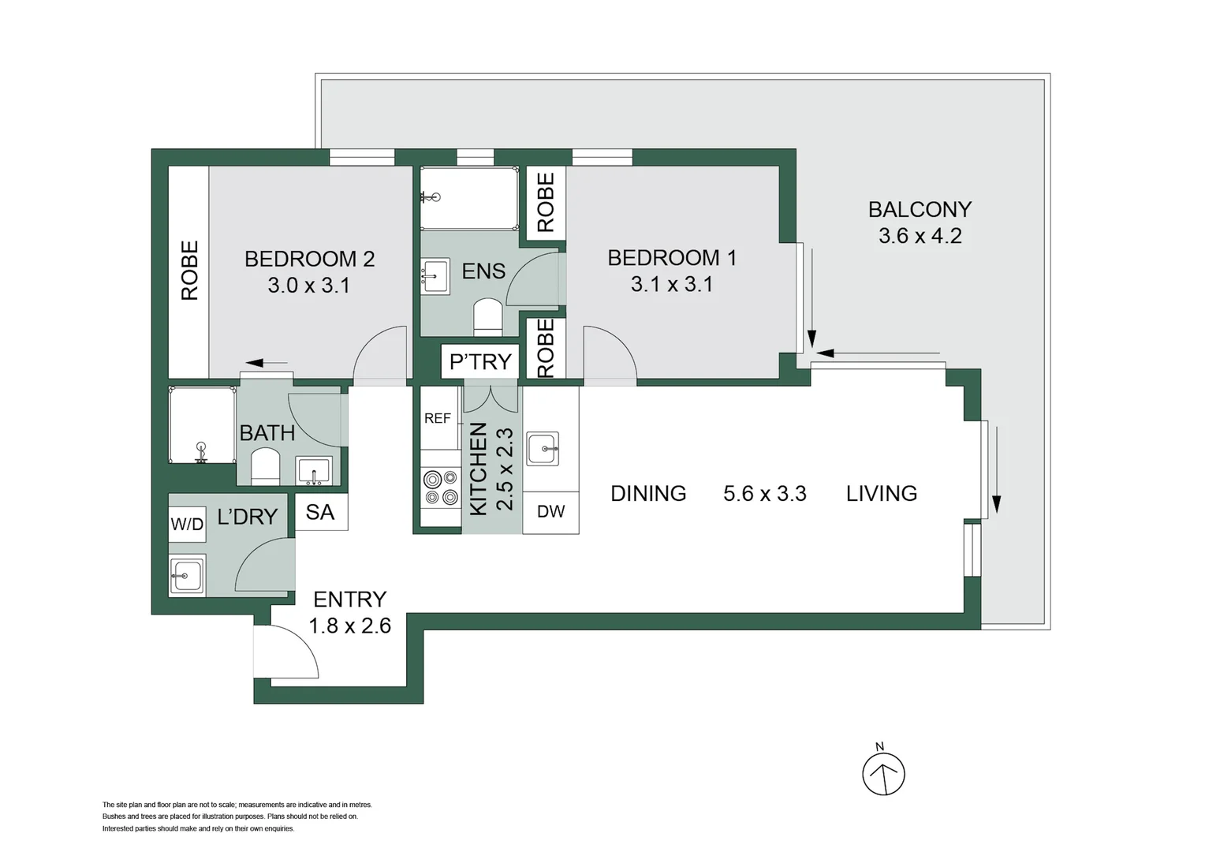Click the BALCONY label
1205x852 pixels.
(x=920, y=209)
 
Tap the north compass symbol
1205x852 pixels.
(x=883, y=774)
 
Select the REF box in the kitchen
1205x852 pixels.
(x=438, y=418)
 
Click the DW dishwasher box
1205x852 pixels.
(x=550, y=511)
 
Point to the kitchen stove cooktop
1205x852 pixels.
(x=440, y=488)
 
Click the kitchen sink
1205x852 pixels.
(x=543, y=449)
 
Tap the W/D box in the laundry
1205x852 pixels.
(x=187, y=525)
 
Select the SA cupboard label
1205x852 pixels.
(x=320, y=512)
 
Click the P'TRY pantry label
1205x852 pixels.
(x=480, y=361)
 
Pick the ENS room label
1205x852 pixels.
(x=483, y=271)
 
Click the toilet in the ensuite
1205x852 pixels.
(x=487, y=316)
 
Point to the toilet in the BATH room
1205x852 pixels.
(x=265, y=466)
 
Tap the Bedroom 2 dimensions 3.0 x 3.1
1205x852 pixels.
(x=308, y=286)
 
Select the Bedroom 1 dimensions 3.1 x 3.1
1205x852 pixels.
(x=672, y=284)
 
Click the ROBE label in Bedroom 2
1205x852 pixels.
(x=189, y=271)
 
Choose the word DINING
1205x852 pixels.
(x=648, y=494)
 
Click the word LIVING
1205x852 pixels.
(x=882, y=494)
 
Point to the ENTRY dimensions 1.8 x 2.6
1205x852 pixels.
(x=349, y=626)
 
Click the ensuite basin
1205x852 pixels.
(x=435, y=276)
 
